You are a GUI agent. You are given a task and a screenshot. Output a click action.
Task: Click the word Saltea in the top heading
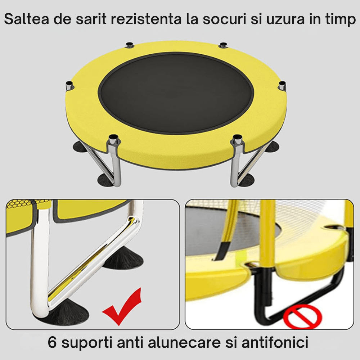click(27, 19)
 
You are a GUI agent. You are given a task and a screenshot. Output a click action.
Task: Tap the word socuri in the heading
click(224, 19)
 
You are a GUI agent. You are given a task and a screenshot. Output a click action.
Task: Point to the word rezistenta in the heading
click(146, 19)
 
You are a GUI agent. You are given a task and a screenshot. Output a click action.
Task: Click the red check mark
click(122, 306)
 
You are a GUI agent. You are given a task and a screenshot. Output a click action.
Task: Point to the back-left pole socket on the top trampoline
click(130, 45)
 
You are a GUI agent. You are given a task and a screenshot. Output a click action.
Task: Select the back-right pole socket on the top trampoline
click(223, 45)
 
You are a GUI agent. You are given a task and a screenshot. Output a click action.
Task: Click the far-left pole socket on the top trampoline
click(69, 86)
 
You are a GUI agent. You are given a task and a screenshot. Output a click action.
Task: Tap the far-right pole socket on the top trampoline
click(282, 86)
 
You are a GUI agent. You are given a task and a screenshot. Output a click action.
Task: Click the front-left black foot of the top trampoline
click(105, 180)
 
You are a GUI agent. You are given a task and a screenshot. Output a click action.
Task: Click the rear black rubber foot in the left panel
click(124, 258)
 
